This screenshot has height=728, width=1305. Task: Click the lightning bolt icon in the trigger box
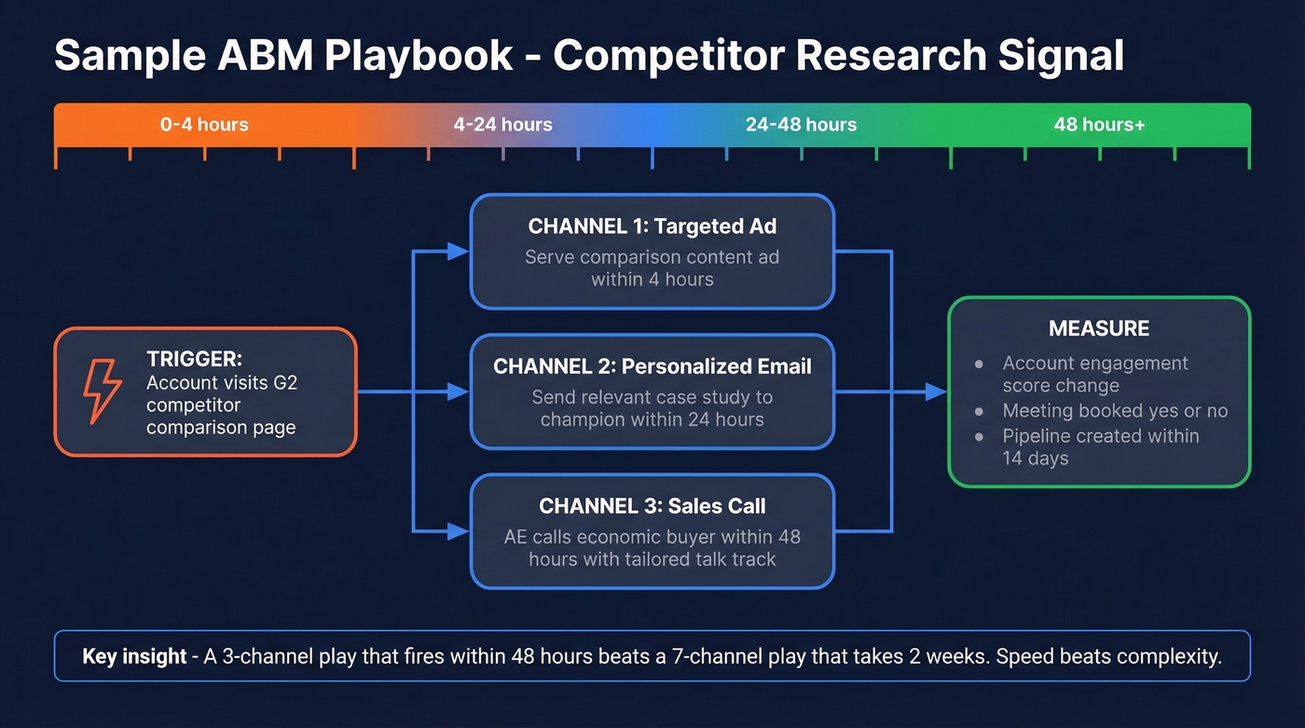click(103, 391)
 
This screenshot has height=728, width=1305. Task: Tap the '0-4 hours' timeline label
click(204, 124)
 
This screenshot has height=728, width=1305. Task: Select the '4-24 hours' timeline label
click(502, 124)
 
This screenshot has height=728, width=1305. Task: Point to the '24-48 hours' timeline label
click(801, 124)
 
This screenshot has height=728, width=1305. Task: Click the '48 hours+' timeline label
click(1099, 124)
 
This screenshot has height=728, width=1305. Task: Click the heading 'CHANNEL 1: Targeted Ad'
click(652, 227)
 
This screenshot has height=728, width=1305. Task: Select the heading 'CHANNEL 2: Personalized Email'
click(652, 366)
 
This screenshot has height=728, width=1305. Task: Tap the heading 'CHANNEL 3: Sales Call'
click(652, 506)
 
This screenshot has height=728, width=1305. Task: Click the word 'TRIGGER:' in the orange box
click(194, 359)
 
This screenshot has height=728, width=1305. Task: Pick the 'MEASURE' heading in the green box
click(1099, 328)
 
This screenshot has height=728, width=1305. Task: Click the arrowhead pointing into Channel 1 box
click(458, 251)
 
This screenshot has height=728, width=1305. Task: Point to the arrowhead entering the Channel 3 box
click(458, 531)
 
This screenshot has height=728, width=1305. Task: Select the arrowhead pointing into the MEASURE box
click(936, 392)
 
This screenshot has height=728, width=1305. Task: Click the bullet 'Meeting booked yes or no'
click(1115, 411)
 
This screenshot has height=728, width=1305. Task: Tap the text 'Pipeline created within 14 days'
click(1100, 446)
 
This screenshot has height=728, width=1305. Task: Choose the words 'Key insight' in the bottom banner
click(134, 656)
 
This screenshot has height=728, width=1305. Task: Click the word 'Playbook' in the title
click(419, 55)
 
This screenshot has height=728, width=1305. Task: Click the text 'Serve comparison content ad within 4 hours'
click(652, 268)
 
